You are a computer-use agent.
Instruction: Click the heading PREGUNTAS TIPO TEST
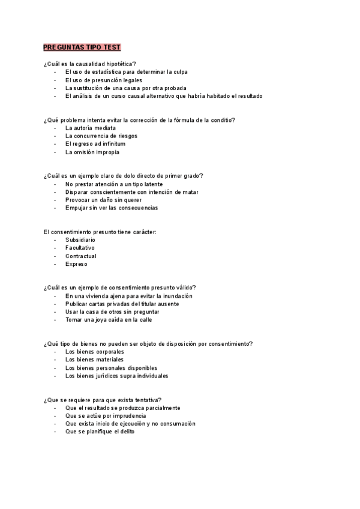[82, 47]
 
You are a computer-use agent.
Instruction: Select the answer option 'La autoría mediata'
[91, 128]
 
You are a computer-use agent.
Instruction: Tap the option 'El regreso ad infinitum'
[95, 144]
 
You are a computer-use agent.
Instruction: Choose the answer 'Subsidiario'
[80, 240]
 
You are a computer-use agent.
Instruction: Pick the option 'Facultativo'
[80, 248]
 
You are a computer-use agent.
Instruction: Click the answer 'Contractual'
[81, 256]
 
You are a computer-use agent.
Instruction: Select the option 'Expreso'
[76, 264]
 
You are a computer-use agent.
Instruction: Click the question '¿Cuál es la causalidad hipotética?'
[90, 64]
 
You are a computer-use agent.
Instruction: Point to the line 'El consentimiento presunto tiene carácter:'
[100, 232]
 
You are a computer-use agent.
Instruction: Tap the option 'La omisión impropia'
[92, 152]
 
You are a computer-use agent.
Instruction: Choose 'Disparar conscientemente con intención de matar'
[132, 192]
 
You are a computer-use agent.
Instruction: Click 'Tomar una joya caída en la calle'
[109, 320]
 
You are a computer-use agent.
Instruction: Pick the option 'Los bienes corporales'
[95, 352]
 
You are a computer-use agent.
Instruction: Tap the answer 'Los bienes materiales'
[95, 360]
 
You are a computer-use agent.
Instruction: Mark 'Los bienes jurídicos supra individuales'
[117, 376]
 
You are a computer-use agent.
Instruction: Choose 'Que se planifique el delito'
[100, 432]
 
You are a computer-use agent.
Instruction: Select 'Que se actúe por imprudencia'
[106, 415]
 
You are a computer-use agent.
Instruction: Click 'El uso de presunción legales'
[104, 80]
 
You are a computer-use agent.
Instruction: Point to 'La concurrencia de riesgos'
[101, 136]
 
